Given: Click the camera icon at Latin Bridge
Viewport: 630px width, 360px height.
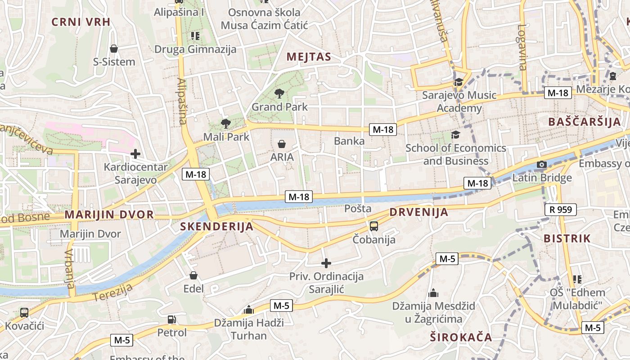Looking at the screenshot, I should tap(542, 165).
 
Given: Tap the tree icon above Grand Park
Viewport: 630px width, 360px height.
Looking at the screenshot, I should tap(279, 94).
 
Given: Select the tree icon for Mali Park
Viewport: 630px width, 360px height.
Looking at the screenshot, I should tap(226, 123).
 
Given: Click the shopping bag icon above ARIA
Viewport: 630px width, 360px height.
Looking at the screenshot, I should tap(282, 144).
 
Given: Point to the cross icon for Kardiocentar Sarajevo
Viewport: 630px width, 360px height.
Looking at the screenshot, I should tap(135, 154).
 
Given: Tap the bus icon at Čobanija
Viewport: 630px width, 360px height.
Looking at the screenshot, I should tap(373, 226).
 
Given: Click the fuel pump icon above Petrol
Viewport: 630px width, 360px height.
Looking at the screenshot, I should tap(171, 319).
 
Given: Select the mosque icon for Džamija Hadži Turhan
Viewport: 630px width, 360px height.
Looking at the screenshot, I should tap(248, 310).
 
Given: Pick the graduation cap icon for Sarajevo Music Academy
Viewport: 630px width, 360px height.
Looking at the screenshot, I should tap(459, 82).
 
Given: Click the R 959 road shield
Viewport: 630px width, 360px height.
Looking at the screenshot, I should tap(560, 209).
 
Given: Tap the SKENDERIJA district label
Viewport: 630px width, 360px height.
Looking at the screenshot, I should tap(217, 227).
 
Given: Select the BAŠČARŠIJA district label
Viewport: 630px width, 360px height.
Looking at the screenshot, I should tap(585, 122).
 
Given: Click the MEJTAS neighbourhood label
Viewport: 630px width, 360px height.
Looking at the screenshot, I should tap(309, 57).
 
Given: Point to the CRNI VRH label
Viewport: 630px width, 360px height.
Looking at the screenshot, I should tap(81, 22).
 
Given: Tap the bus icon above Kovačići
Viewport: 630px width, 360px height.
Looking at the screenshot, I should tap(24, 312).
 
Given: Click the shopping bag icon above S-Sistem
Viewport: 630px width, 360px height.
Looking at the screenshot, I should tap(114, 49).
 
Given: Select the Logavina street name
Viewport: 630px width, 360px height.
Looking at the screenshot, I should tap(522, 47).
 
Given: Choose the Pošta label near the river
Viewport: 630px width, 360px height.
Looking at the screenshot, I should tap(358, 209).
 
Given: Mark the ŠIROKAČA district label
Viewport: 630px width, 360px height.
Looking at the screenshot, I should tap(461, 337).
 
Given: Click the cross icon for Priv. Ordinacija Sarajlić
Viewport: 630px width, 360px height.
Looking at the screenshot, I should tap(326, 263).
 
